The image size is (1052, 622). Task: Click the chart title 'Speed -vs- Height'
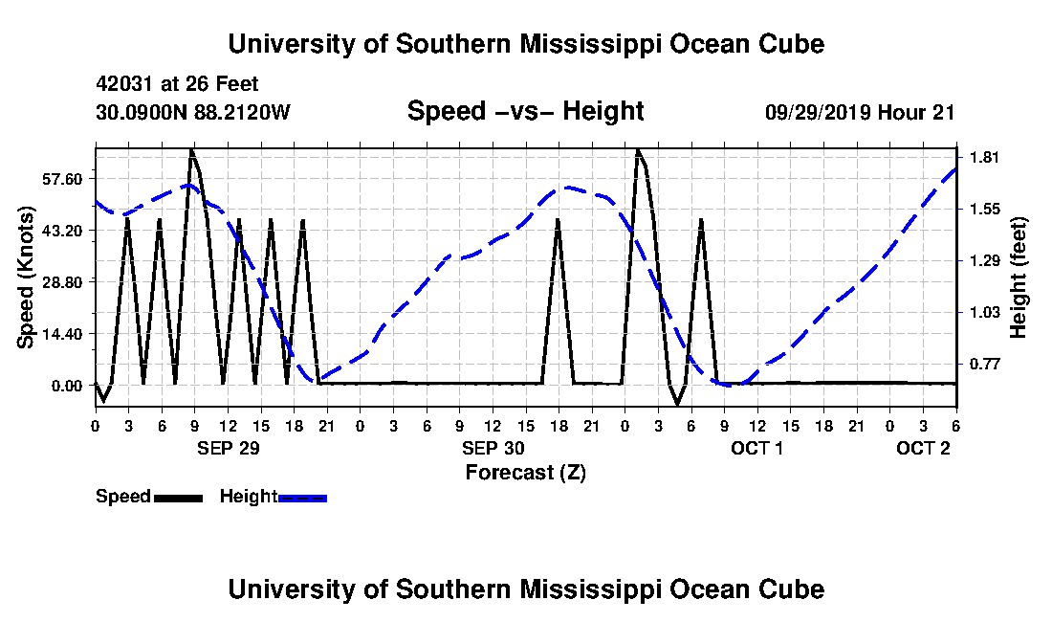tap(525, 112)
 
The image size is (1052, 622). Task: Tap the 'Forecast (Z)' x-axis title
tap(525, 472)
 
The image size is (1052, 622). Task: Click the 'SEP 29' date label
tap(228, 448)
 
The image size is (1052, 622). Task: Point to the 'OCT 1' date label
tap(756, 448)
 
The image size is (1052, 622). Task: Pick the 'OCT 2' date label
tap(923, 448)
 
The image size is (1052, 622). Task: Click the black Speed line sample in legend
tap(178, 498)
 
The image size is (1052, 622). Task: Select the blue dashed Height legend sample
tap(302, 498)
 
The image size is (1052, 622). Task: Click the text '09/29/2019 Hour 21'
tap(860, 112)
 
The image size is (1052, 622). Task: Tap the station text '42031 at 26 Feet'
tap(177, 85)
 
